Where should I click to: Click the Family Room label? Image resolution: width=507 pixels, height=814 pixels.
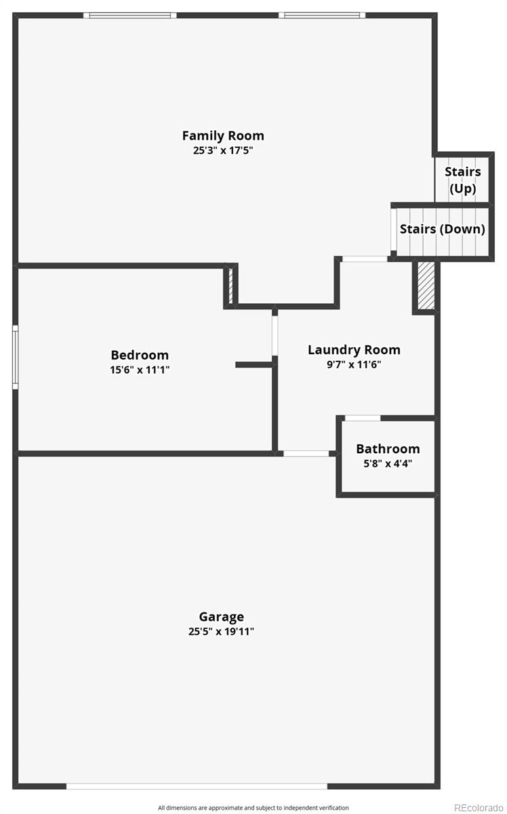pos(223,136)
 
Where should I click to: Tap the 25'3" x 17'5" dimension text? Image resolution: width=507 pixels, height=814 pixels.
pos(223,150)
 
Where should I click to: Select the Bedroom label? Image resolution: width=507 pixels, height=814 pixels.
pos(140,355)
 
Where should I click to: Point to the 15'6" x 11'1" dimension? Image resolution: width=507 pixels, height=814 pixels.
pos(140,370)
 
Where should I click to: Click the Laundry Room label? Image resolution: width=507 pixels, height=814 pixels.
pos(354,350)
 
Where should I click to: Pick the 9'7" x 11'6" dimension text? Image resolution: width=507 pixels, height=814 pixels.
pos(354,364)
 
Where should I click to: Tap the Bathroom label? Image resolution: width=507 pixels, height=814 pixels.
pos(388,449)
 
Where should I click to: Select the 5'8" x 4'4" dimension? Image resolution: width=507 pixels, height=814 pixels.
pos(388,464)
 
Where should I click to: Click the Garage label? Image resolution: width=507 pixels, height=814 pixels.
pos(222,617)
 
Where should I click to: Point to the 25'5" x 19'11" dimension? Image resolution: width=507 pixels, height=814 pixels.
pos(221,632)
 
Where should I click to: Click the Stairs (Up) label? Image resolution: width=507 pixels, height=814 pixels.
pos(463,180)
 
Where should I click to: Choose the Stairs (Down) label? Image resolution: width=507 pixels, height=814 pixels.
pos(443,229)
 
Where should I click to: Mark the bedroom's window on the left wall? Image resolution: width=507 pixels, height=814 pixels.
pos(16,357)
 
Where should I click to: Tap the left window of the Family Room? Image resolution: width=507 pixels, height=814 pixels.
pos(129,15)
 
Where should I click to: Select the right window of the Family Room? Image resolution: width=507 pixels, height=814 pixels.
pos(322,15)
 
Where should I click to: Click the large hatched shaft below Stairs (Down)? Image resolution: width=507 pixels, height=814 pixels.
pos(426,286)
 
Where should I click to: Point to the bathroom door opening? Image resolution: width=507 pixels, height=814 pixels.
pos(363,418)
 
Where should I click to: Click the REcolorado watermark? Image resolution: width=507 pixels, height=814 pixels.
pos(479,807)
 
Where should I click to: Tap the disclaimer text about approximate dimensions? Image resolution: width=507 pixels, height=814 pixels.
pos(253,807)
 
